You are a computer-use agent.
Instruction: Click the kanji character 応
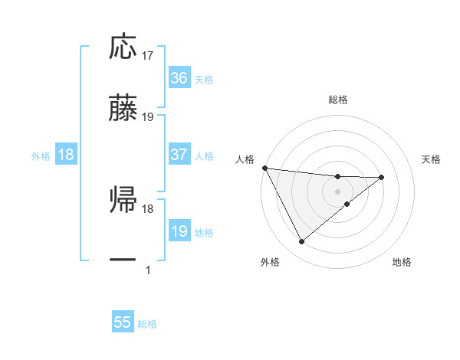tap(123, 47)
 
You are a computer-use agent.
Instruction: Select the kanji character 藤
tap(123, 108)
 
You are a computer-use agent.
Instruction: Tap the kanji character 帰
tap(123, 200)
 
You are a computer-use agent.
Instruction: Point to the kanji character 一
tap(123, 260)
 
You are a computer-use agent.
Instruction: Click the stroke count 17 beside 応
tap(149, 56)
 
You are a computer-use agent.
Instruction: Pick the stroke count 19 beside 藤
tap(149, 117)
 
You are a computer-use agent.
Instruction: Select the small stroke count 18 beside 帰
tap(149, 208)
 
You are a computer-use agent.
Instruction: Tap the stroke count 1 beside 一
tap(148, 270)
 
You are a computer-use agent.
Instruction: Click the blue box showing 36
tap(179, 77)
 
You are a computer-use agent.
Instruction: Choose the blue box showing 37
tap(179, 155)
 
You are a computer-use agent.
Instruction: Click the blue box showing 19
tap(179, 231)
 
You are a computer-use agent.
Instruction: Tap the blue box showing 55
tap(123, 322)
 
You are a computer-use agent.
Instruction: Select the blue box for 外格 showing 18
tap(66, 155)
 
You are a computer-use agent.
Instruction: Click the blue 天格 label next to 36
tap(204, 79)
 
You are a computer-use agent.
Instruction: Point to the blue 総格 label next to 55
tap(147, 324)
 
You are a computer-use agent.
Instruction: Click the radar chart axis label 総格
tap(338, 100)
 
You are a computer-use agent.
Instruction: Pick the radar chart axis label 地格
tap(402, 262)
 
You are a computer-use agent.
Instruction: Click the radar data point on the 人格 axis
tap(264, 168)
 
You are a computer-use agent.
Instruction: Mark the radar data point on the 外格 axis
tap(301, 242)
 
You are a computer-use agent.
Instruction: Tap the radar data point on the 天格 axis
tap(382, 178)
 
